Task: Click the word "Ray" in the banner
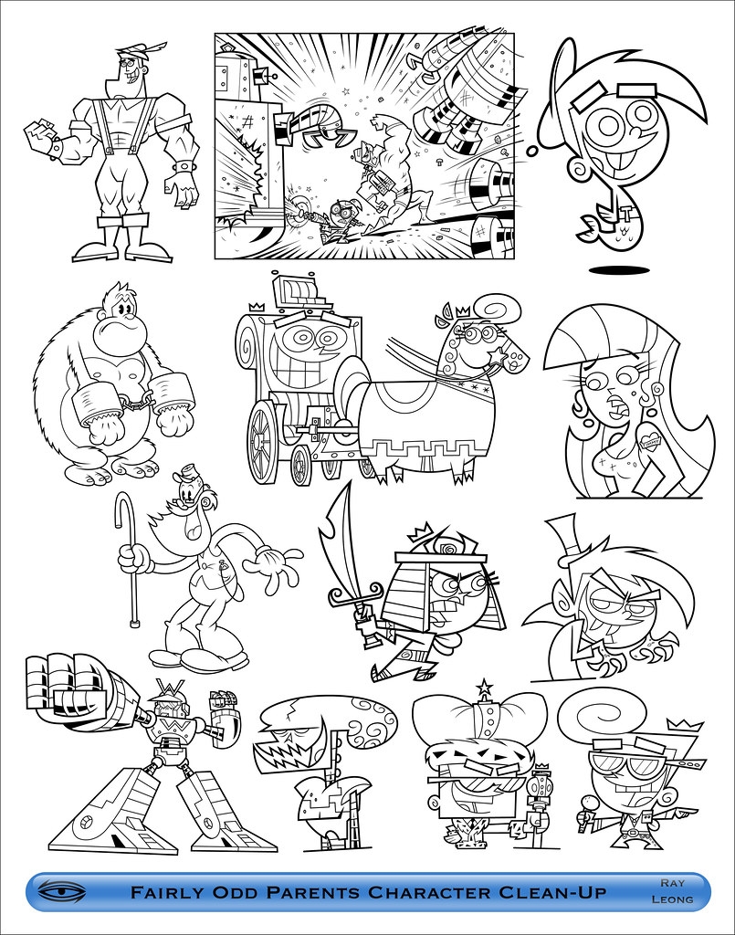click(x=675, y=883)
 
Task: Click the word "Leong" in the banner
click(x=675, y=899)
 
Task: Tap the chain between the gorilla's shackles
click(x=135, y=398)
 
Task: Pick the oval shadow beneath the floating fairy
click(x=619, y=270)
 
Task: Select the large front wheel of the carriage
click(x=262, y=442)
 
